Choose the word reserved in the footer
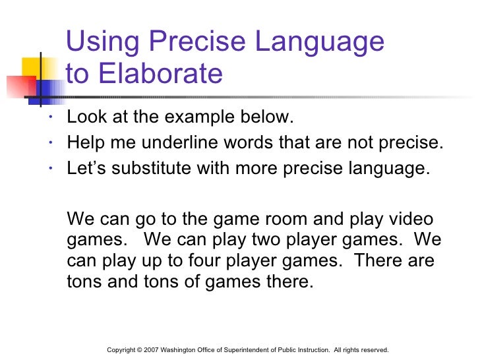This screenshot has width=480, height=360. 373,349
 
